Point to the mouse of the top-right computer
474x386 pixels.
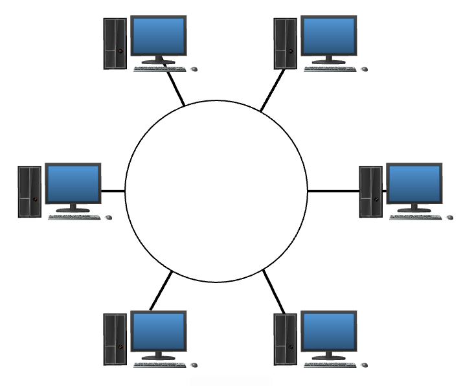coord(364,69)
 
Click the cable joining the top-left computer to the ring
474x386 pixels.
coord(175,87)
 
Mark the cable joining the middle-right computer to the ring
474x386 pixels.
coord(333,191)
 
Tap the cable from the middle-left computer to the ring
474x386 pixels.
coord(113,191)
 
